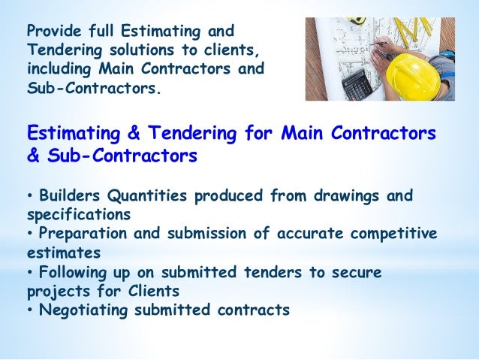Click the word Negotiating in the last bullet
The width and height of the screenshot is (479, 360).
tap(81, 310)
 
